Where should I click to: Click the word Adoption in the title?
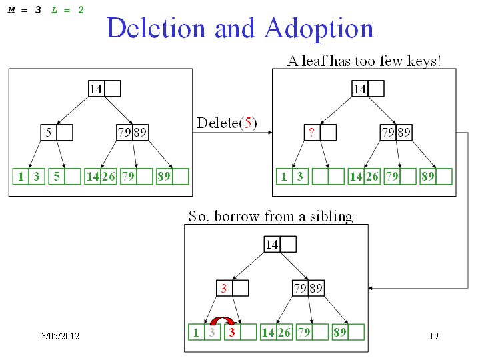[x=319, y=29]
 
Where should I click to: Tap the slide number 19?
[x=434, y=336]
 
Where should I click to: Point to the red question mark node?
[x=311, y=133]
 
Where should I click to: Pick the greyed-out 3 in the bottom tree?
[x=212, y=332]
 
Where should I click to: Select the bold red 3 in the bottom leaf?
[x=231, y=332]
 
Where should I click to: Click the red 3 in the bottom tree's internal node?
[x=224, y=289]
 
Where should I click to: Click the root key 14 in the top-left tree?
[x=96, y=89]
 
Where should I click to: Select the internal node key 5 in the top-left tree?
[x=49, y=133]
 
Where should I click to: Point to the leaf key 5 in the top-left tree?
[x=56, y=177]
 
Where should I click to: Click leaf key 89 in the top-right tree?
[x=428, y=177]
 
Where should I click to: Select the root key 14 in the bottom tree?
[x=272, y=245]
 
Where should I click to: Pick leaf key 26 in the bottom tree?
[x=285, y=332]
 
